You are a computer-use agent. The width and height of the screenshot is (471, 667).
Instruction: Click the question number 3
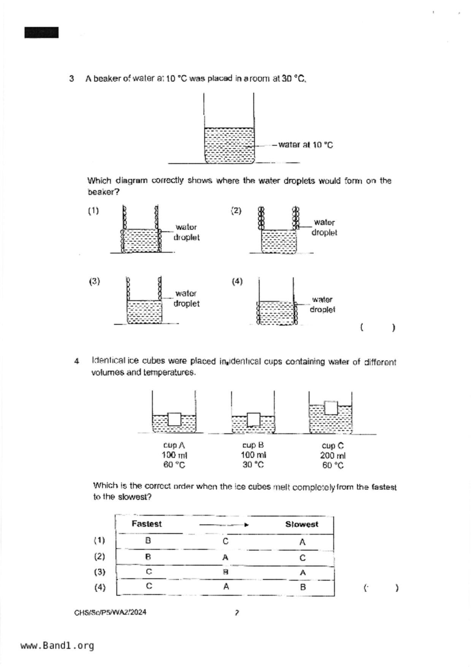tap(71, 79)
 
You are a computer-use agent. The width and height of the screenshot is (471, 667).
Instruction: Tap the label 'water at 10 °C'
tap(305, 145)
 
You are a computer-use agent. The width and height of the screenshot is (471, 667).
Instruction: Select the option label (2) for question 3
tap(236, 211)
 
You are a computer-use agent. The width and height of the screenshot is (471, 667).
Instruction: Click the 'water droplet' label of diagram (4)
tap(322, 305)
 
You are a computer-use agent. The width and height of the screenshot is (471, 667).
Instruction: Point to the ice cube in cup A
tap(174, 419)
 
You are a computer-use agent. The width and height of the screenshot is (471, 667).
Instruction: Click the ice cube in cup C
tap(331, 407)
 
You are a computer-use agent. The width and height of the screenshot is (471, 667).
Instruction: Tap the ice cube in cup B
tap(254, 419)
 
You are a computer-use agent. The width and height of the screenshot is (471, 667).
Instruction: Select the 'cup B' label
tap(253, 445)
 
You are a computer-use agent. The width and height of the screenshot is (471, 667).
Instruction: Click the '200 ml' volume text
tap(333, 456)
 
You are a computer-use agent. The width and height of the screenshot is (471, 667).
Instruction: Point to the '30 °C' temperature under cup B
tap(253, 465)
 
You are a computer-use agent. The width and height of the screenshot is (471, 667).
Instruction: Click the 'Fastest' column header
tap(146, 524)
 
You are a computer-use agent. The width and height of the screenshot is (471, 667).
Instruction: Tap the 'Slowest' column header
tap(301, 524)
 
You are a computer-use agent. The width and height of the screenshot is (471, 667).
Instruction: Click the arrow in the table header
tap(224, 525)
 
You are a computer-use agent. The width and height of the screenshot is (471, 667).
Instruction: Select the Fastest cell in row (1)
tap(148, 540)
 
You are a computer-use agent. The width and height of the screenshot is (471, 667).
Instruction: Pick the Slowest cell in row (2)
tap(302, 558)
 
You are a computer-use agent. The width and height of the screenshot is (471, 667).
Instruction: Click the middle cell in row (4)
tap(226, 587)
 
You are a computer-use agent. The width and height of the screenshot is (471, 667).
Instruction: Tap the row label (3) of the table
tap(100, 572)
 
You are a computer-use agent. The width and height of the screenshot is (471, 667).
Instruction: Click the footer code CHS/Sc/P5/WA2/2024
tap(110, 612)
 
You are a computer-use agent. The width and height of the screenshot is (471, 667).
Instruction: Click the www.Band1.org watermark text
tap(57, 646)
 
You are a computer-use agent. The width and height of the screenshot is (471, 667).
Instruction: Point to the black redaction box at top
tap(41, 33)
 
